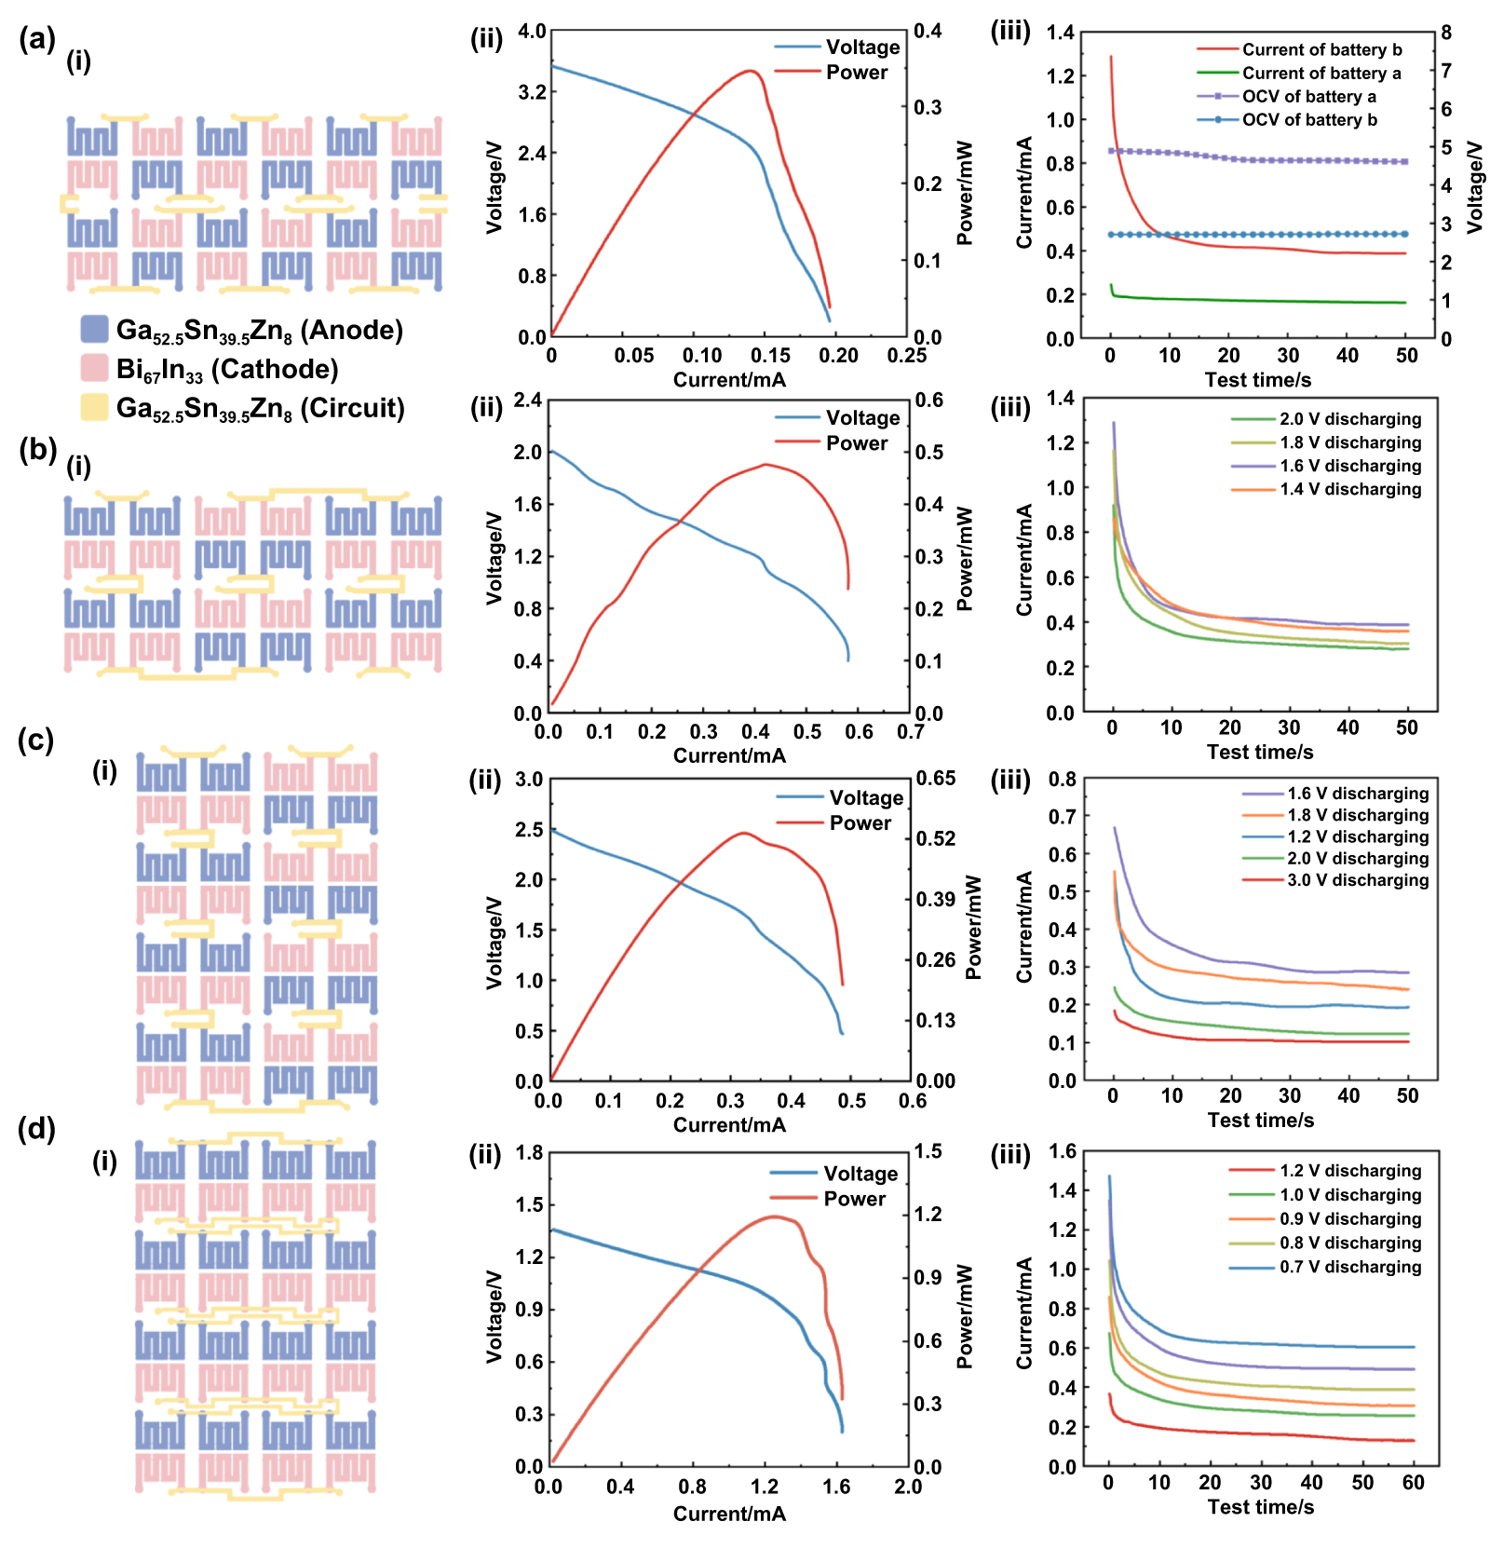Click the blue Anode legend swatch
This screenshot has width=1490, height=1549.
click(x=94, y=329)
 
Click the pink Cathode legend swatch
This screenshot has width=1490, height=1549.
click(x=94, y=368)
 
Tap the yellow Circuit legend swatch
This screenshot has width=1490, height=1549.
click(x=94, y=407)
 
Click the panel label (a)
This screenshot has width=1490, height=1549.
click(x=37, y=39)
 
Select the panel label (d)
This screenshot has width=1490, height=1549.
click(x=37, y=1129)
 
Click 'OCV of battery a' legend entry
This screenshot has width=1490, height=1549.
click(x=1308, y=96)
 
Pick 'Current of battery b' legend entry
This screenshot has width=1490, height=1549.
click(x=1321, y=49)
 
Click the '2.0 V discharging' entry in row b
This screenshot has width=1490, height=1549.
click(x=1349, y=419)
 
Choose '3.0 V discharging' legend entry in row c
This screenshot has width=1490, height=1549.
click(x=1357, y=880)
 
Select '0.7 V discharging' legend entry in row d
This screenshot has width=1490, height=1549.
click(x=1349, y=1267)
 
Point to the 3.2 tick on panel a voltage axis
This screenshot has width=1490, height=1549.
click(x=532, y=91)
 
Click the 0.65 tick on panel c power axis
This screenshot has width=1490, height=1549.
click(x=935, y=779)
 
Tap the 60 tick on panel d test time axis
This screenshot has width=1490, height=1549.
click(x=1413, y=1483)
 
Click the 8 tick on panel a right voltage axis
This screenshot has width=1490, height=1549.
click(x=1446, y=33)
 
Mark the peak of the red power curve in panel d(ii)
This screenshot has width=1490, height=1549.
click(x=773, y=1216)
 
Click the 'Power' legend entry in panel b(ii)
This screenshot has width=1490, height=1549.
click(x=856, y=443)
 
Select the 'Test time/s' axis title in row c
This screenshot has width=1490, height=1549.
click(x=1260, y=1120)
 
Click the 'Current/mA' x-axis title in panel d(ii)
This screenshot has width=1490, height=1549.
click(x=729, y=1514)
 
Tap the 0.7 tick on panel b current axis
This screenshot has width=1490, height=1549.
click(x=910, y=732)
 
